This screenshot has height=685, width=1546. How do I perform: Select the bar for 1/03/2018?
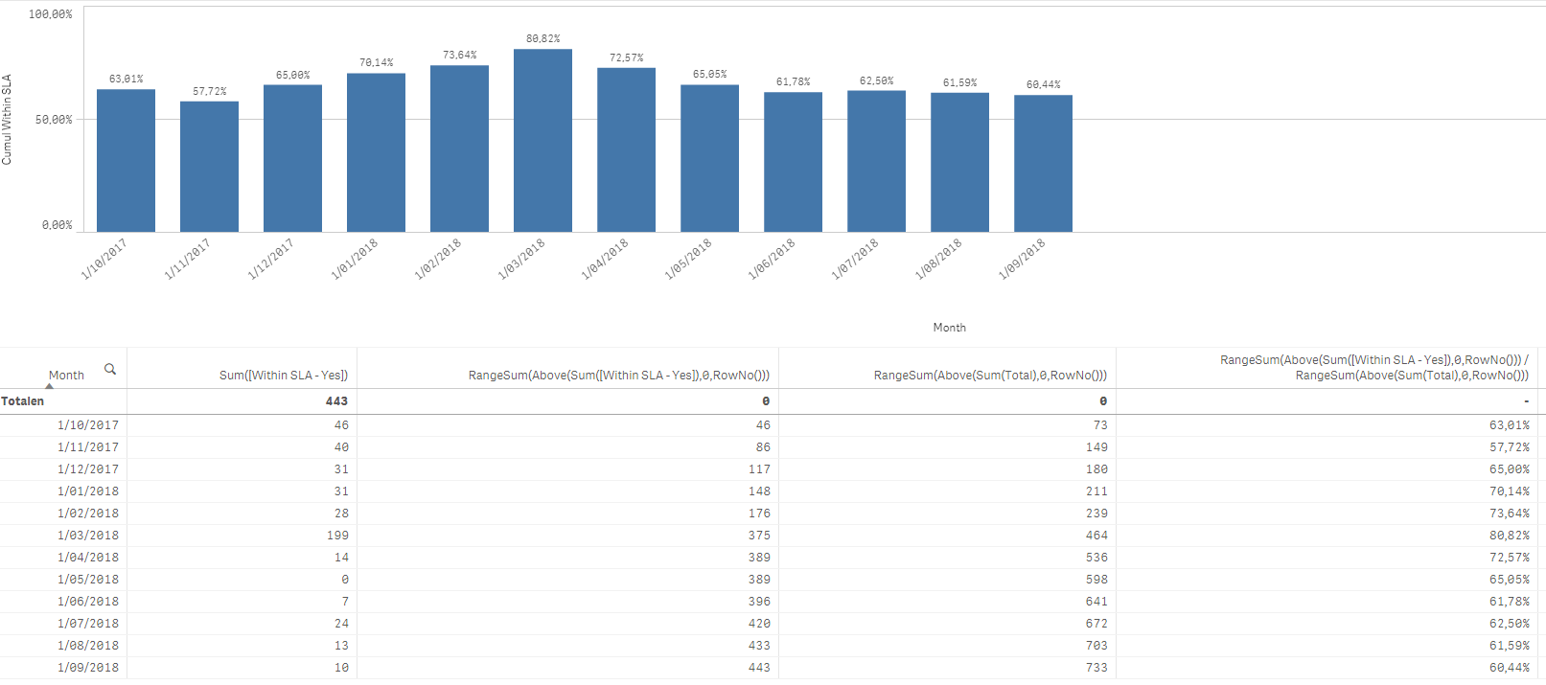coord(542,140)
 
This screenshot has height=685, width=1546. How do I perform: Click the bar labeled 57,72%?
coord(209,167)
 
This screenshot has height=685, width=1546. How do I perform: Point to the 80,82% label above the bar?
coord(542,39)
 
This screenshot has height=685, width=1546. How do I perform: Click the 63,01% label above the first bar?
coord(126,80)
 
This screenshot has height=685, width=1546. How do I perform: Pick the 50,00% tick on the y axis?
coord(54,120)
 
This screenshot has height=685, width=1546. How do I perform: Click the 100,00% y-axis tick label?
coord(50,14)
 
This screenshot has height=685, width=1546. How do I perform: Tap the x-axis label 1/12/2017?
coord(270,260)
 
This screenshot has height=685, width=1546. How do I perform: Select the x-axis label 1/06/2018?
coord(771,260)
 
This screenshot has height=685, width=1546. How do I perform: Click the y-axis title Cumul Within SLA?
coord(7,120)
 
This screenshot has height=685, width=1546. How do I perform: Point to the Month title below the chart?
coord(949,328)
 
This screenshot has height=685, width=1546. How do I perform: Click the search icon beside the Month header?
coord(110,369)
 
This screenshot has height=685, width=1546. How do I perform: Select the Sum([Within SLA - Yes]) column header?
coord(283,376)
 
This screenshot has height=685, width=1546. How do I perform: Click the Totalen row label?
coord(23,401)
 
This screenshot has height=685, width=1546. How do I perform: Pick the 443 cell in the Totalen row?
coord(336,401)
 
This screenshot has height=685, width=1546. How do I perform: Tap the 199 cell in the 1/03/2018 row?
coord(337,536)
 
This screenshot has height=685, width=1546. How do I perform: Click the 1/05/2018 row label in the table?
coord(88,580)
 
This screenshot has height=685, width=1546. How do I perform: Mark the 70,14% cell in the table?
coord(1509,491)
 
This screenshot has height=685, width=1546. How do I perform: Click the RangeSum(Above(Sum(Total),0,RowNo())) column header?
coord(990,376)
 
